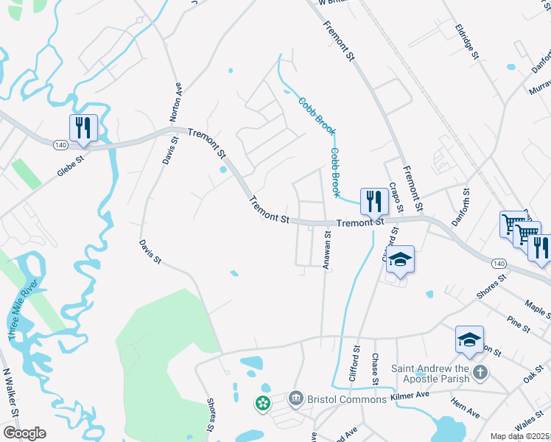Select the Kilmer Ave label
tap(410, 396)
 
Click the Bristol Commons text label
tap(345, 399)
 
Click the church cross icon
tap(480, 371)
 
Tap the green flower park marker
tap(262, 403)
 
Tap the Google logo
tap(24, 432)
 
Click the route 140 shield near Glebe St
tap(60, 145)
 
